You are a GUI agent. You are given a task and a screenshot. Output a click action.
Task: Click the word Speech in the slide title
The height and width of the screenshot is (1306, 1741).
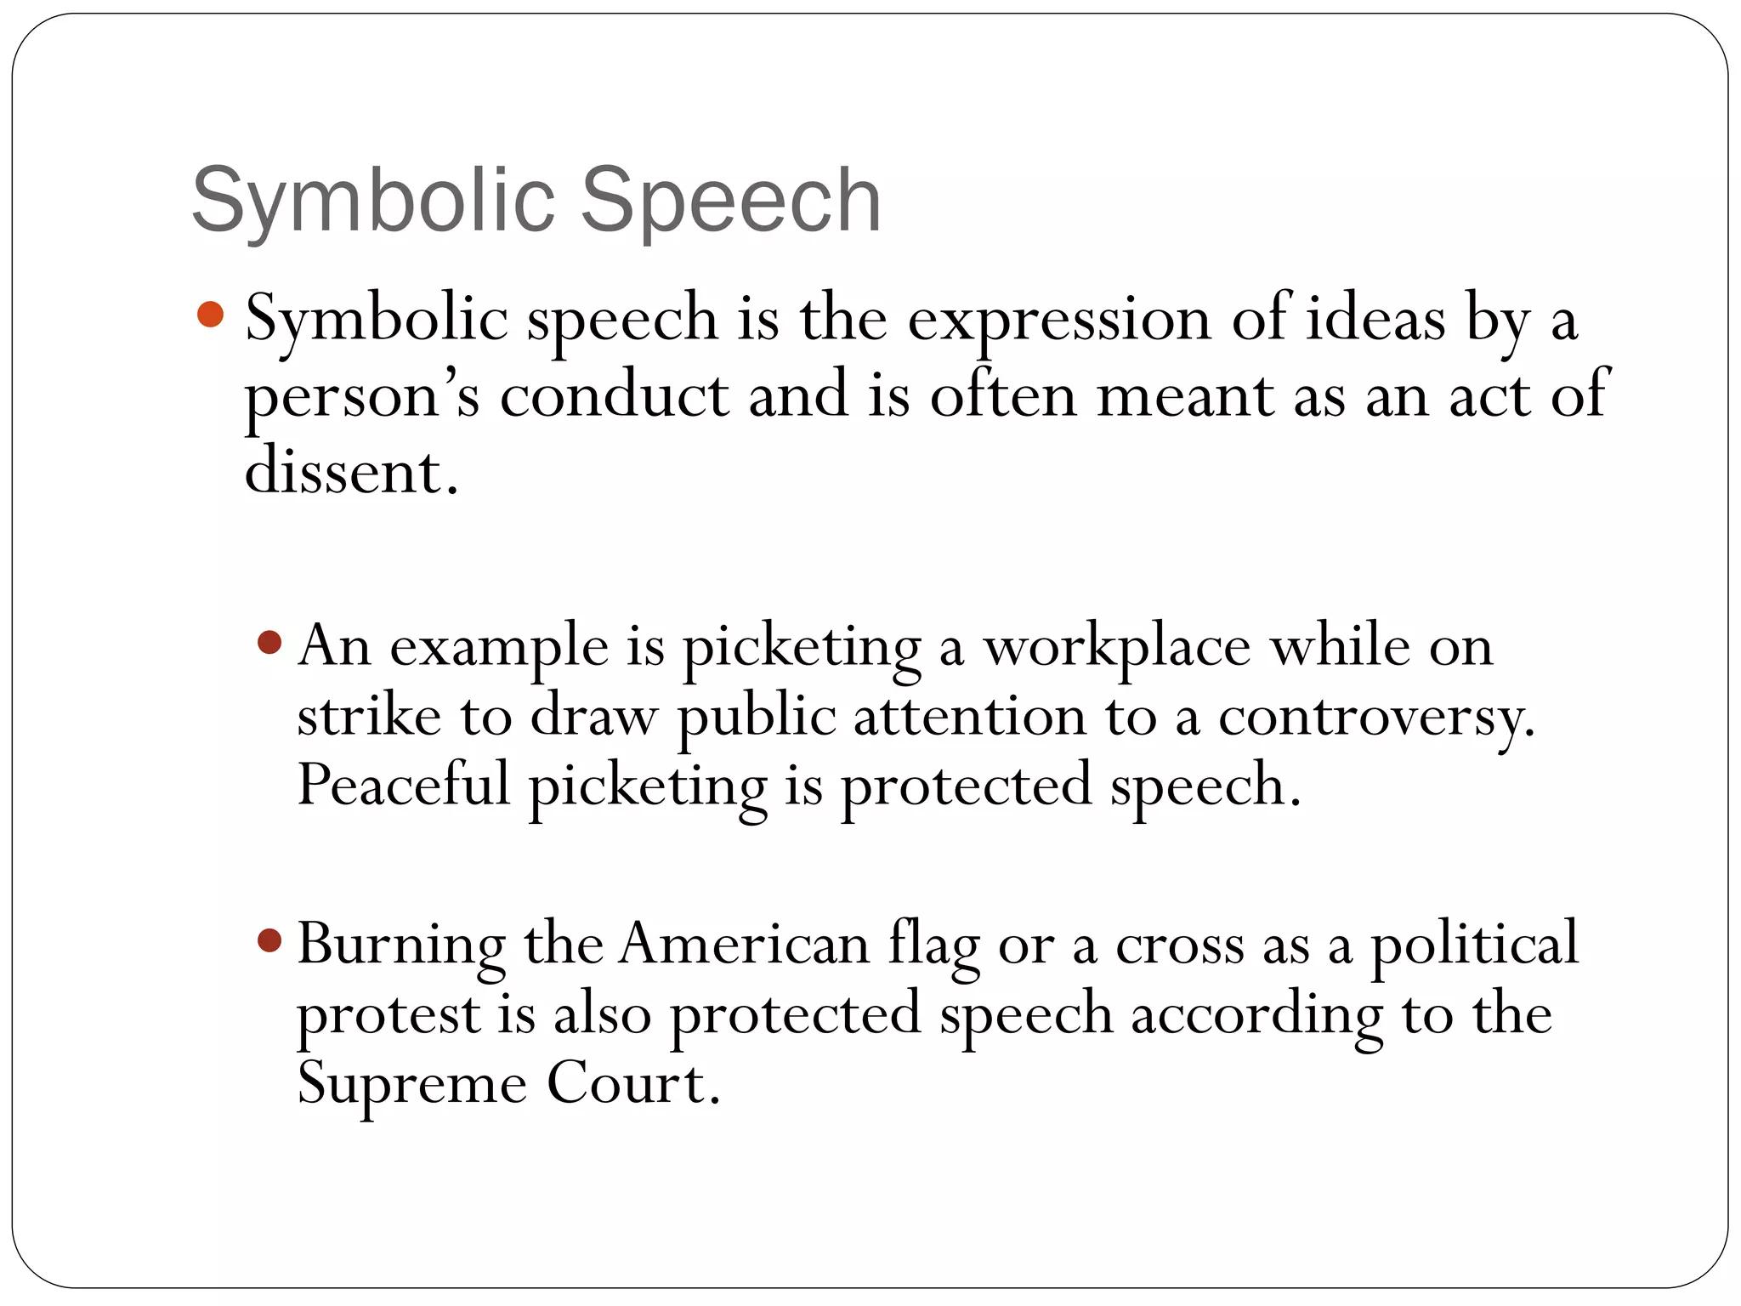click(731, 201)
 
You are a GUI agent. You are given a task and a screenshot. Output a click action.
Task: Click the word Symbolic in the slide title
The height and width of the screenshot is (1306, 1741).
click(373, 201)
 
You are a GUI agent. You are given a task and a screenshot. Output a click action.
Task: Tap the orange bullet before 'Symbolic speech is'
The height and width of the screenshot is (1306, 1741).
click(209, 315)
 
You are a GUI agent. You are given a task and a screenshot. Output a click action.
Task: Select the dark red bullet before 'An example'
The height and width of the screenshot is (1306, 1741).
click(269, 642)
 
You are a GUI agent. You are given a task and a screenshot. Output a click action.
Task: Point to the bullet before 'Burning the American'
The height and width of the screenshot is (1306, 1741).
click(269, 940)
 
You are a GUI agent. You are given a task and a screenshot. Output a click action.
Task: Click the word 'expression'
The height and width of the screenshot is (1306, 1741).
click(1059, 321)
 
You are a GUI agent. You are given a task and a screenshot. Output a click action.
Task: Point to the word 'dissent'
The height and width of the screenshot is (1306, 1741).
click(344, 472)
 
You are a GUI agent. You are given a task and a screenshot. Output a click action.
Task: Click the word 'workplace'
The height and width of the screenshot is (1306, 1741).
click(1117, 648)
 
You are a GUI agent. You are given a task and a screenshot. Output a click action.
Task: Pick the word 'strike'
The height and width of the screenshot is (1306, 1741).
click(369, 716)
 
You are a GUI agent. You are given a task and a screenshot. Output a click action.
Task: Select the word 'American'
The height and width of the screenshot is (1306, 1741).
click(744, 944)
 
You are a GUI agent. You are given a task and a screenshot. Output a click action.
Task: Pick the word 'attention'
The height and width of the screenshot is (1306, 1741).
click(969, 716)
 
